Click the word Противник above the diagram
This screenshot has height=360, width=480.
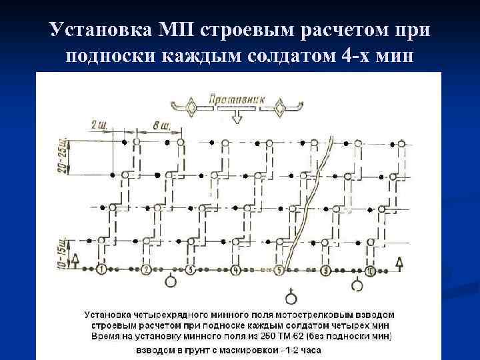pyautogui.click(x=237, y=99)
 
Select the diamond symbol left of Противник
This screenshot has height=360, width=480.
pyautogui.click(x=191, y=107)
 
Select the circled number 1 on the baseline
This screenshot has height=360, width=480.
pyautogui.click(x=101, y=271)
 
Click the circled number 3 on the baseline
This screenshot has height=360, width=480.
pyautogui.click(x=191, y=271)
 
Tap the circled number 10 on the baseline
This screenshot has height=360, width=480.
pyautogui.click(x=371, y=271)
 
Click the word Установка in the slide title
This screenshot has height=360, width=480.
pyautogui.click(x=101, y=30)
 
